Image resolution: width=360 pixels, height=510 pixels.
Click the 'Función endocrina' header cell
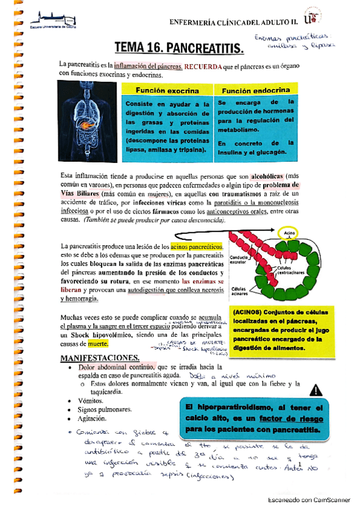click(x=255, y=90)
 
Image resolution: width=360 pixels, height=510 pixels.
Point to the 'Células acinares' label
click(x=240, y=292)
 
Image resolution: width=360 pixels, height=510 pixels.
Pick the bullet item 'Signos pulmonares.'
click(x=105, y=409)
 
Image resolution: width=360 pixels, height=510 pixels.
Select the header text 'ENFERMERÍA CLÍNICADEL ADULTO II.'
click(x=234, y=22)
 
